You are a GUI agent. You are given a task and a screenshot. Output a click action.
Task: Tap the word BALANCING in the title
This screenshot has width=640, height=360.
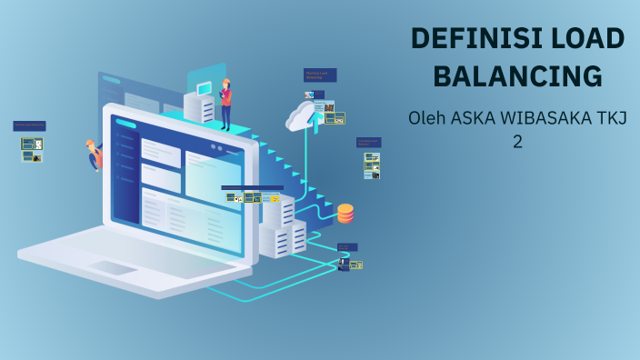click(517, 76)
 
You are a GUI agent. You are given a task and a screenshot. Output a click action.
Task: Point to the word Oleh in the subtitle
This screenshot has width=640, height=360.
click(427, 118)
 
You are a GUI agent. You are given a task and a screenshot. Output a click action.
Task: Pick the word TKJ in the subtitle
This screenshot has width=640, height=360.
click(613, 118)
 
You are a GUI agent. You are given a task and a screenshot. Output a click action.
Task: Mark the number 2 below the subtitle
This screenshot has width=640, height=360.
click(517, 143)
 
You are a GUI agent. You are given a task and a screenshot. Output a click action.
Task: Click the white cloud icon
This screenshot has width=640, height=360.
click(303, 116)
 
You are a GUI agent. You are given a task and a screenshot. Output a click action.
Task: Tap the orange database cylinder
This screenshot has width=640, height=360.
click(345, 214)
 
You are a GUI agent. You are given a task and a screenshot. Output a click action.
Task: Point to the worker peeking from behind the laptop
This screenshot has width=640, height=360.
click(94, 155)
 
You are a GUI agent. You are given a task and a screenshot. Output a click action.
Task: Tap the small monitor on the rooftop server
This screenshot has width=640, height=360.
click(205, 88)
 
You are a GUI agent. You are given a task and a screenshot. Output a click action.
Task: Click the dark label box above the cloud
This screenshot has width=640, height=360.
click(320, 75)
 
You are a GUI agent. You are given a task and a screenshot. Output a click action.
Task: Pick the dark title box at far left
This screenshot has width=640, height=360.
click(29, 126)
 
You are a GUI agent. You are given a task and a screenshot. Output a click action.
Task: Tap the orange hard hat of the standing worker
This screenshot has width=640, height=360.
click(225, 82)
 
